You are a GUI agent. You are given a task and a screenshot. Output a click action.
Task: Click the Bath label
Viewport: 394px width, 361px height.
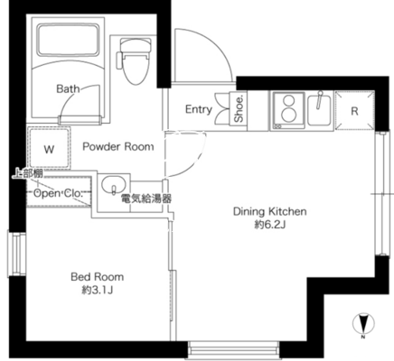tap(68, 88)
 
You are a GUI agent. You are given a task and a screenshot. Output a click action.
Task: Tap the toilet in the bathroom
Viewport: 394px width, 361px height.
tap(135, 61)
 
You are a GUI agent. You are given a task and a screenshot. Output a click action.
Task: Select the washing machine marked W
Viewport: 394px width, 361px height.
tap(49, 147)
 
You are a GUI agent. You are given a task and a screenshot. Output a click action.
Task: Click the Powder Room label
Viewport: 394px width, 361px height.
tap(118, 147)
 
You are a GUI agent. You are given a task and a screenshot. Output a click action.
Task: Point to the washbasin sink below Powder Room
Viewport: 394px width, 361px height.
tap(114, 185)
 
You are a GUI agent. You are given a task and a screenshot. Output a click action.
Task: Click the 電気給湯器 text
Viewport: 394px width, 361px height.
tap(146, 199)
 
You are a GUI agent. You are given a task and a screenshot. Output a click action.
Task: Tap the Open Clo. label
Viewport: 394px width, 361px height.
tap(58, 193)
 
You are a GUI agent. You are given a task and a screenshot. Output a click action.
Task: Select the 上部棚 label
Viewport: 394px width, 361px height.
tap(28, 173)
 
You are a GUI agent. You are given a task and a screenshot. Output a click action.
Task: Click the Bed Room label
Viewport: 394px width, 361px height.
tap(97, 277)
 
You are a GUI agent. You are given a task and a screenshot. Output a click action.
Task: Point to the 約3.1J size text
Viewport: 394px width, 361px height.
tap(98, 290)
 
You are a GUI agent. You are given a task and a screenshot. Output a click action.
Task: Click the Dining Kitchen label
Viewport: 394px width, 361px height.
tap(270, 211)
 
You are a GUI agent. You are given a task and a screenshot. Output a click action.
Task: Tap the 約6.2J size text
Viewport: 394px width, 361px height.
tap(270, 225)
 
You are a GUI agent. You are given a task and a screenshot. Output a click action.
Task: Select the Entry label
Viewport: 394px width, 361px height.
tap(199, 109)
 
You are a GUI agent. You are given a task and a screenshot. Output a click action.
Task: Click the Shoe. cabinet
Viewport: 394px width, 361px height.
tap(239, 108)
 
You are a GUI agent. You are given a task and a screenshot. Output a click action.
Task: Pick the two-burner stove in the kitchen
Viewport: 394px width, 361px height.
tap(288, 110)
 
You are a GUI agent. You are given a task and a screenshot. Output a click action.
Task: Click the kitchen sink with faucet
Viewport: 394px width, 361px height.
tap(320, 109)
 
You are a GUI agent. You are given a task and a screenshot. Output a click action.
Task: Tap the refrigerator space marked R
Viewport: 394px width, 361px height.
tap(354, 111)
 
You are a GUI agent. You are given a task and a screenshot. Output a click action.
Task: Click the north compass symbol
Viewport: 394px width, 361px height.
tap(363, 325)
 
